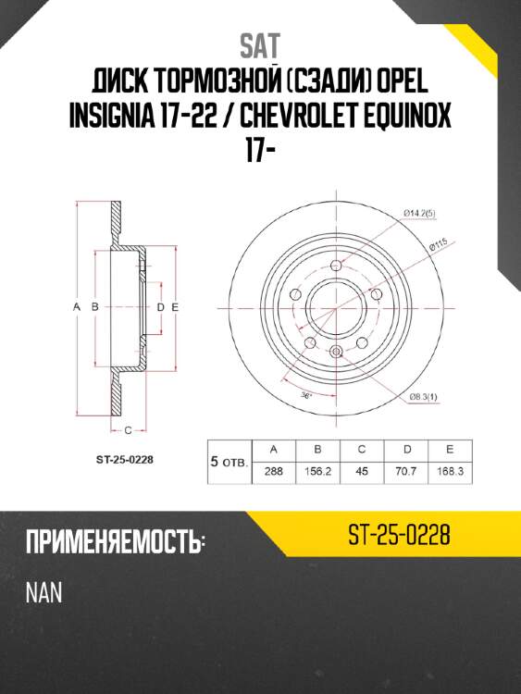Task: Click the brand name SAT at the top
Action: [x=260, y=45]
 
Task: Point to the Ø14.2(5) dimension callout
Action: [x=423, y=214]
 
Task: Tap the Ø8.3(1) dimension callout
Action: [x=426, y=397]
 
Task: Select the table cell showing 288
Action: [x=273, y=469]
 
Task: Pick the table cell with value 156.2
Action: [x=316, y=469]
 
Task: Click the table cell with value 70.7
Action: [x=406, y=469]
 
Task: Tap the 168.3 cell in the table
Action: [x=449, y=469]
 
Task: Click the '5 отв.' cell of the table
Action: [x=229, y=460]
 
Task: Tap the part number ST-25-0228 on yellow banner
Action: [x=400, y=534]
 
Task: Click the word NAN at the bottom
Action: [x=44, y=592]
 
